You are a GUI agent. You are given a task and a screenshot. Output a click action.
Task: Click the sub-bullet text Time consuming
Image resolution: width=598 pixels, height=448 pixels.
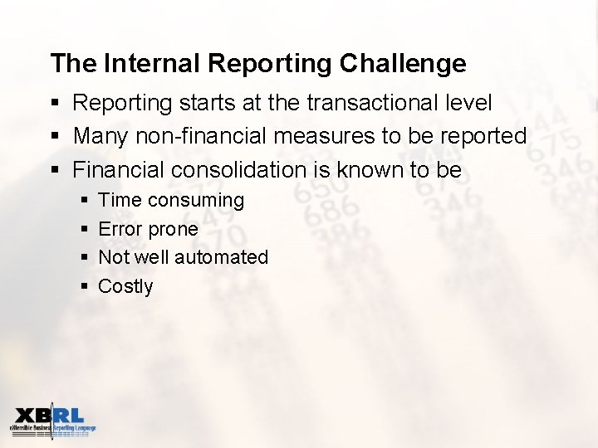point(171,200)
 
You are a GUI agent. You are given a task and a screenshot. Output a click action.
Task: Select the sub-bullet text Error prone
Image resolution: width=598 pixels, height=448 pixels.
point(148,229)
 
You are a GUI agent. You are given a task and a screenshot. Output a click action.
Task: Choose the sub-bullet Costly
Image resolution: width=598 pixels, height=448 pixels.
point(125,286)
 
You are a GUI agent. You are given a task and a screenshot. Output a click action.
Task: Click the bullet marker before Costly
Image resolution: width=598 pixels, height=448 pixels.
point(85,286)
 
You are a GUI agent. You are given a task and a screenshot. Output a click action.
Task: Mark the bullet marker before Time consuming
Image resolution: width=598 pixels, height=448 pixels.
point(85,200)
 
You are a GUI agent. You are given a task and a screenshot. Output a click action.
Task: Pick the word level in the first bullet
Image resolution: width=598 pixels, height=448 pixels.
point(468,103)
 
